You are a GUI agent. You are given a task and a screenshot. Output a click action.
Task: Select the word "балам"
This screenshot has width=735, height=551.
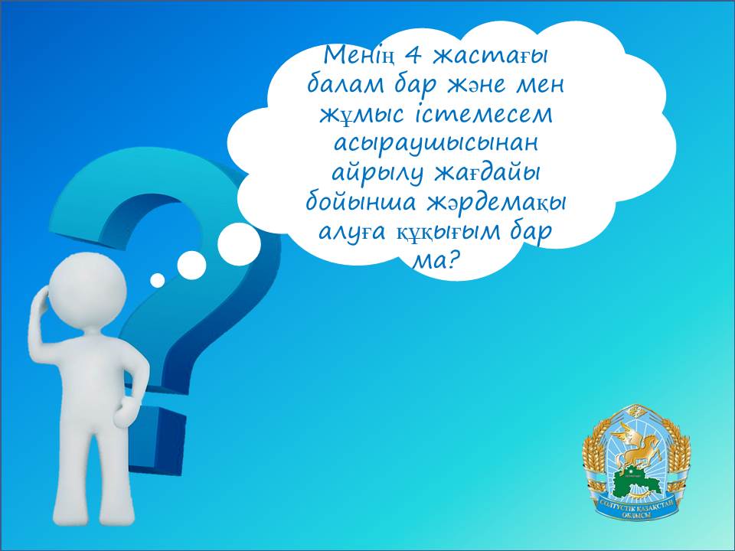pyautogui.click(x=345, y=85)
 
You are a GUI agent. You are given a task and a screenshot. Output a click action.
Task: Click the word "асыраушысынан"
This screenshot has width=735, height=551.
pyautogui.click(x=436, y=145)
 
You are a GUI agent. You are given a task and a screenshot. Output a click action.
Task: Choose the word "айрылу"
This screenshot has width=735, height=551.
pyautogui.click(x=377, y=174)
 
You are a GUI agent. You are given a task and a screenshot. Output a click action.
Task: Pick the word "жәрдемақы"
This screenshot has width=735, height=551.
pyautogui.click(x=497, y=203)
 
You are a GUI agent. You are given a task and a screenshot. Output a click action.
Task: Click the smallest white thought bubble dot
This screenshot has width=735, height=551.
pyautogui.click(x=158, y=280)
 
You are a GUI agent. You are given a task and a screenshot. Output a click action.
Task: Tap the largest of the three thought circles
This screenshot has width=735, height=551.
pyautogui.click(x=239, y=244)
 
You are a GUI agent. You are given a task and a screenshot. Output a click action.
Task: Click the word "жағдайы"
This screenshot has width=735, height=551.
pyautogui.click(x=486, y=174)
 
